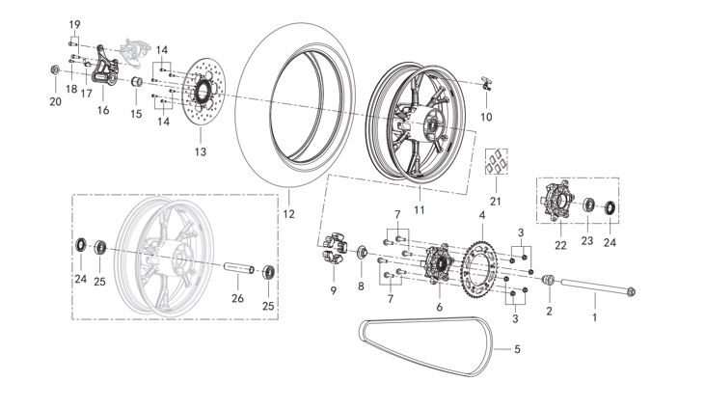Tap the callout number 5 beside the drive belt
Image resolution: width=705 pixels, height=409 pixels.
(x=516, y=349)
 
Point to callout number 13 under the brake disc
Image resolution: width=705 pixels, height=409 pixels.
(x=201, y=151)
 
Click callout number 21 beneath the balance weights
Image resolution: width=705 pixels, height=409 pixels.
(x=496, y=201)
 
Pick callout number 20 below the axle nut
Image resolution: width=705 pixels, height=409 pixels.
(x=55, y=101)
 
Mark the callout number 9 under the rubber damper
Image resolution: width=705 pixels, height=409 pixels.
(x=333, y=290)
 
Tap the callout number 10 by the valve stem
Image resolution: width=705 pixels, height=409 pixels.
(x=486, y=117)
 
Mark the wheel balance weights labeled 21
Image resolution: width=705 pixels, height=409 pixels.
(x=496, y=163)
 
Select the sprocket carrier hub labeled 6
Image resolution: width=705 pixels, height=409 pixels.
(x=439, y=263)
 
